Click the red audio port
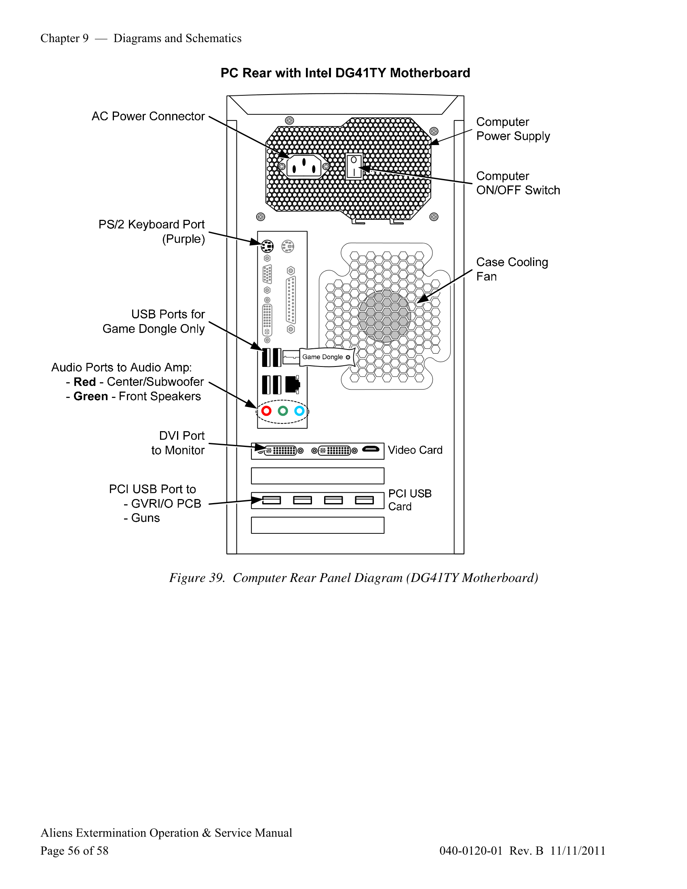pyautogui.click(x=266, y=411)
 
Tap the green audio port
pyautogui.click(x=283, y=411)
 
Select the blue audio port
pyautogui.click(x=299, y=411)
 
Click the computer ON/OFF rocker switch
pyautogui.click(x=354, y=166)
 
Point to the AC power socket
pyautogui.click(x=304, y=166)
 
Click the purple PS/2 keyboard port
pyautogui.click(x=267, y=246)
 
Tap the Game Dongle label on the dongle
pyautogui.click(x=322, y=357)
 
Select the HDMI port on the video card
pyautogui.click(x=370, y=449)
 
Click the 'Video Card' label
pyautogui.click(x=415, y=450)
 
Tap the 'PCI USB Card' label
pyautogui.click(x=409, y=500)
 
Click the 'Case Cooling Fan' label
pyautogui.click(x=512, y=269)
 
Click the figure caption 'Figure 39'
pyautogui.click(x=196, y=577)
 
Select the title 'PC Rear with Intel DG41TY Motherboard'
pyautogui.click(x=345, y=73)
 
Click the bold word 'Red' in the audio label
pyautogui.click(x=84, y=382)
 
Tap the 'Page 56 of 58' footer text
pyautogui.click(x=74, y=850)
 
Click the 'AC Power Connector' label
pyautogui.click(x=148, y=116)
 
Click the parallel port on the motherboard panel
pyautogui.click(x=291, y=300)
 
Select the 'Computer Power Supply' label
pyautogui.click(x=513, y=129)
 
